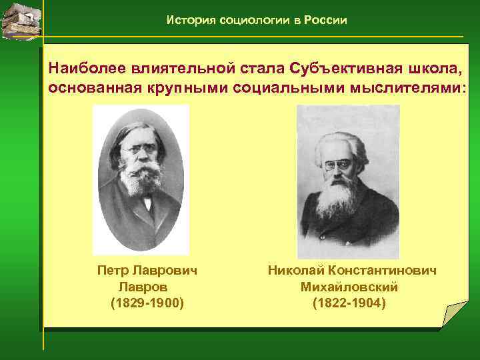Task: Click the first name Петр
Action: coord(112,271)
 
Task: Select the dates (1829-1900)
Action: coord(147,303)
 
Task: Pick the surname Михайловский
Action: coord(349,287)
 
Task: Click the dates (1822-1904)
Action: coord(349,303)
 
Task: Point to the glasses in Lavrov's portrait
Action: coord(137,151)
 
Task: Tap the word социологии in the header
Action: coord(257,21)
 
